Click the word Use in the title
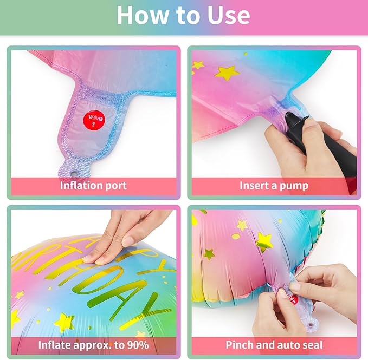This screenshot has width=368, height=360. coord(229,15)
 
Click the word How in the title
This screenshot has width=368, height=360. coord(143,15)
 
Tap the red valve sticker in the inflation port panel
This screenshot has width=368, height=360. coord(94,120)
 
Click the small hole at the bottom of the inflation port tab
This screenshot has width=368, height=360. coord(74,174)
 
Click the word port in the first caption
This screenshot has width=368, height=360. coord(116,186)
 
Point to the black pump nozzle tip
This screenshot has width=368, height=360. coord(288,115)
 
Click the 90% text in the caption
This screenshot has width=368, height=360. coord(138,345)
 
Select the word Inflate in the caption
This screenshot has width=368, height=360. coord(54,344)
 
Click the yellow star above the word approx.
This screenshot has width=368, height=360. coord(64,322)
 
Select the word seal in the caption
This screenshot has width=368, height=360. coord(313,345)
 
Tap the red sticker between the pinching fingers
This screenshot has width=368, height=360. coord(293,299)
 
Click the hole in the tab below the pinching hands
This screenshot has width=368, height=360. coord(311,325)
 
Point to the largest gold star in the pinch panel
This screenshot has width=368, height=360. coord(264,242)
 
